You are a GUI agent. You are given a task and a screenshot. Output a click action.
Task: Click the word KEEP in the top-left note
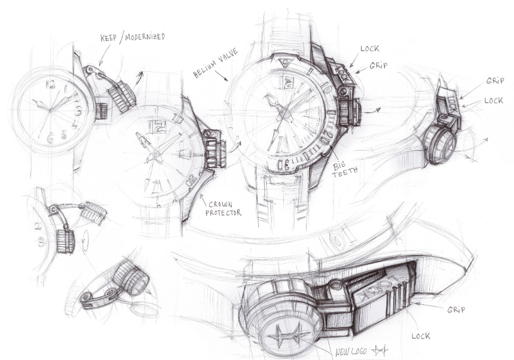click(109, 38)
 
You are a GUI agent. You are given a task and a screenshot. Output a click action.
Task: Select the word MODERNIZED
click(145, 37)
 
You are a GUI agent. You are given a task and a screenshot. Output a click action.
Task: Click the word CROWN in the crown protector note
click(221, 205)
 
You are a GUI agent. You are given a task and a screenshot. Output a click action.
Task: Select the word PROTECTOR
click(224, 212)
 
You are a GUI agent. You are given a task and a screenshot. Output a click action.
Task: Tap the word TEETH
click(345, 172)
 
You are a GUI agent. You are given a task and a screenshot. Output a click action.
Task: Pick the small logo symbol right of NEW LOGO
click(380, 351)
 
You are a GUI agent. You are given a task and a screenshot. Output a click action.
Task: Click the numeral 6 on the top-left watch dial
click(50, 139)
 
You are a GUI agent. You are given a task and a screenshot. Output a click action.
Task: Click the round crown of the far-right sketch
click(440, 145)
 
